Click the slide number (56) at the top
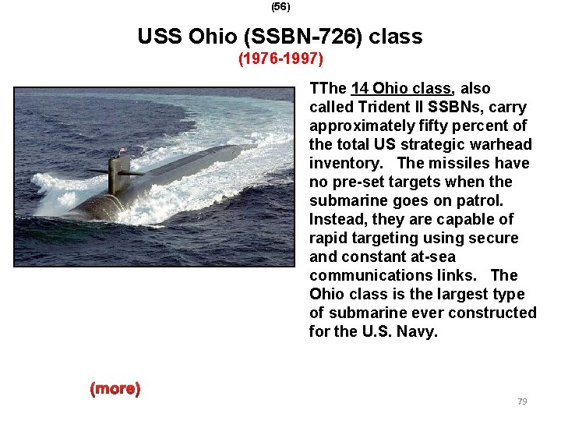(280, 6)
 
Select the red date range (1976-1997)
(280, 58)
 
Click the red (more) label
(115, 388)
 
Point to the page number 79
(522, 402)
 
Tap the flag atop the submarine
(122, 149)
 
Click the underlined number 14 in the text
(361, 88)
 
